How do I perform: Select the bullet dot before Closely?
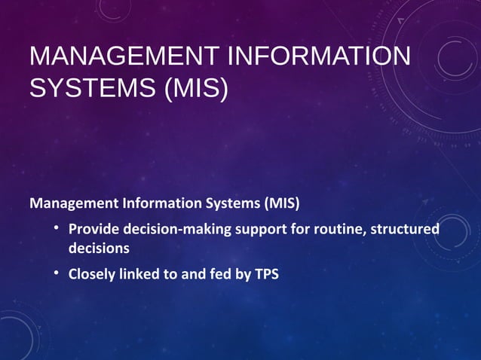[x=57, y=273]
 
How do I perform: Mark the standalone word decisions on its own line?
[x=99, y=248]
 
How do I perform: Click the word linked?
[x=139, y=274]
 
